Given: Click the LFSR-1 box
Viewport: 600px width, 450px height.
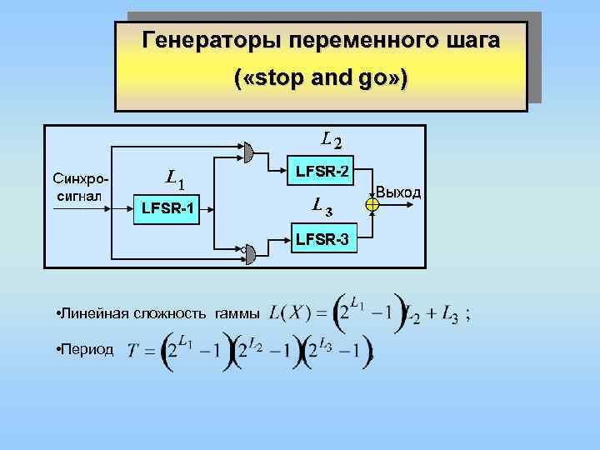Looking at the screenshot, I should [x=167, y=207].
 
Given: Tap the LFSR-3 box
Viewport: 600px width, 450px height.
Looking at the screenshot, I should [x=322, y=241].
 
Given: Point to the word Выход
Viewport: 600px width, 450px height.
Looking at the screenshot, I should [x=399, y=192].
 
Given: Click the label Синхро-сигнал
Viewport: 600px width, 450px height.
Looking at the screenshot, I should [x=79, y=187].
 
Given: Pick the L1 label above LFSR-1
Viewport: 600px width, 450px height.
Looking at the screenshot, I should [x=176, y=177].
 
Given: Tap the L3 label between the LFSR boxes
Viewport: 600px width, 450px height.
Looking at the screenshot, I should [x=322, y=202].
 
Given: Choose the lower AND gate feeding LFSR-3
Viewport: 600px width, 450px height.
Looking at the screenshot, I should [x=249, y=249].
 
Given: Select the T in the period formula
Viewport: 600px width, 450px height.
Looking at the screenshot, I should [x=133, y=351].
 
